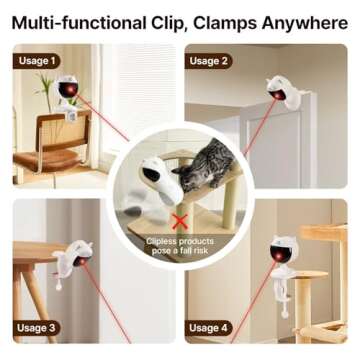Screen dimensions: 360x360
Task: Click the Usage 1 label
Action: [37, 60]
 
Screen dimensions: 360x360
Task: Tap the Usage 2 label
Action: [209, 60]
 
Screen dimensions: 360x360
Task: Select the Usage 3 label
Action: [37, 327]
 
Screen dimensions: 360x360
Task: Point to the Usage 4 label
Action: [209, 327]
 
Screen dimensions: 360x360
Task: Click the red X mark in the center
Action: [181, 220]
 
